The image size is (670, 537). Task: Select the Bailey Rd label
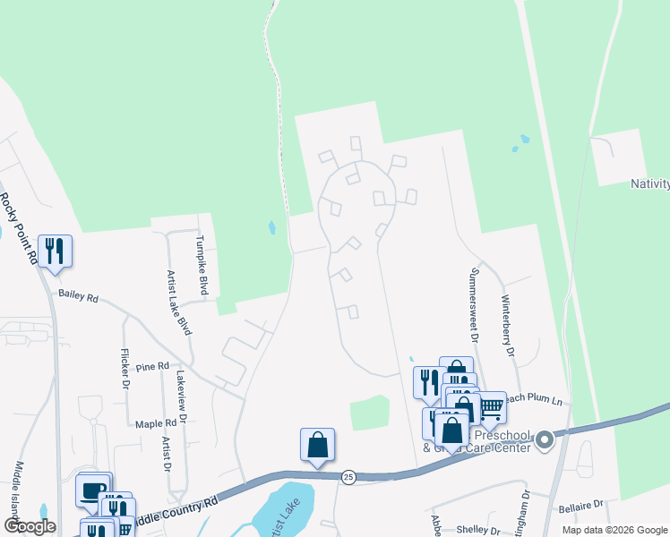coord(78,295)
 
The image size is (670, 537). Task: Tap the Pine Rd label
coord(153,367)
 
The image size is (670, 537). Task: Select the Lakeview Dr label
coord(183,397)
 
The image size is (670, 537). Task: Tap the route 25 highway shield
coord(348,478)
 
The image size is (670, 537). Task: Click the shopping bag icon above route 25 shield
coord(317,444)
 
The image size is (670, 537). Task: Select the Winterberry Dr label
coord(507,327)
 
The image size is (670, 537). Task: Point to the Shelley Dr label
coord(477,530)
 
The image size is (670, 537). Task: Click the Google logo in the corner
coord(30,526)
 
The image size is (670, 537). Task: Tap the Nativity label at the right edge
coord(650,183)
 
